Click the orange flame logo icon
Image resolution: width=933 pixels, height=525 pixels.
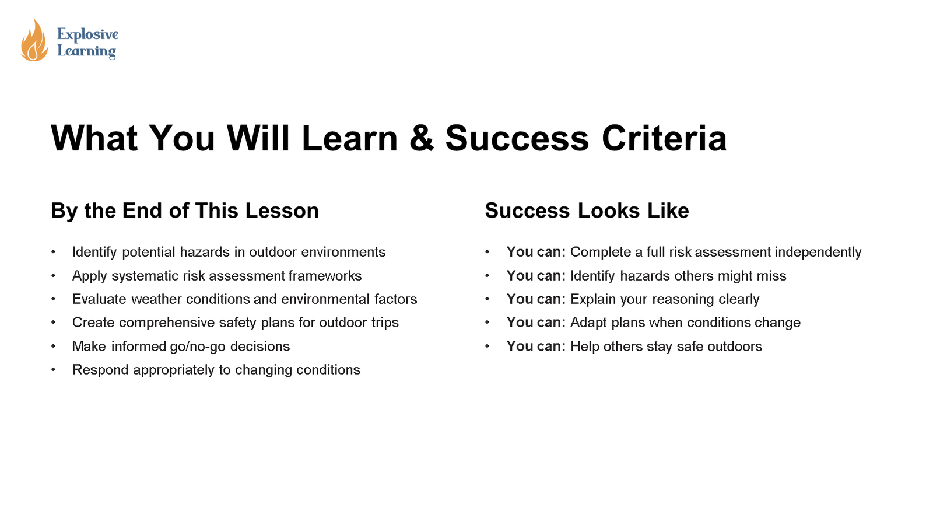(x=34, y=40)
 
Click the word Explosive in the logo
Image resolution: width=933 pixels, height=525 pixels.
(x=88, y=34)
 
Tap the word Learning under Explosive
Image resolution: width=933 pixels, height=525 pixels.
(x=87, y=51)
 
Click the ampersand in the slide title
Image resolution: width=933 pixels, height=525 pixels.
(x=422, y=138)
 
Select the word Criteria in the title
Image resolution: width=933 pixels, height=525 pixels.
(x=664, y=138)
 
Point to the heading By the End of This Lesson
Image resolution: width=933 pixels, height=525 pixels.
(x=185, y=211)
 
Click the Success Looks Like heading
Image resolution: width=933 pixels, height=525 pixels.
(x=587, y=211)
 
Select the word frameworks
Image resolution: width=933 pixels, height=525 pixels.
(x=325, y=276)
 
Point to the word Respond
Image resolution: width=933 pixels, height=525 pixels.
(x=100, y=370)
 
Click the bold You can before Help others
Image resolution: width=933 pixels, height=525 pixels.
(x=536, y=346)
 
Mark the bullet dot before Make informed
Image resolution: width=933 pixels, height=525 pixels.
(x=53, y=346)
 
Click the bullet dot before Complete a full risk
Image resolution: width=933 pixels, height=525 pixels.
(x=487, y=252)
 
